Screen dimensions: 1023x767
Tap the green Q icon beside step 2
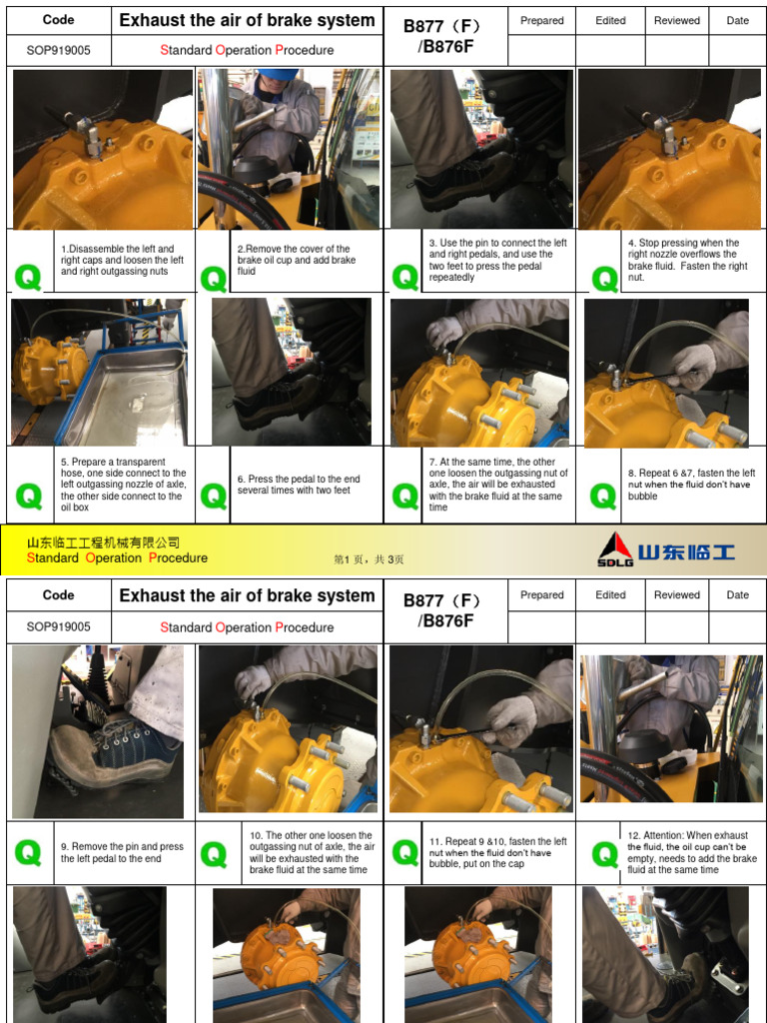214,279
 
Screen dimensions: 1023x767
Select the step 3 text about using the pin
497,260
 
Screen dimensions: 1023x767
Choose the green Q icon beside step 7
405,495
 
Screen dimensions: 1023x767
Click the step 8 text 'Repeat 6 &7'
691,485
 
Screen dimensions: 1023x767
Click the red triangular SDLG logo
615,548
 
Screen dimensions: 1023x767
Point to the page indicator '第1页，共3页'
369,560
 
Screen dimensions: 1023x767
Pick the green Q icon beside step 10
214,854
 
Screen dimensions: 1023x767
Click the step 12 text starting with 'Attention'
691,852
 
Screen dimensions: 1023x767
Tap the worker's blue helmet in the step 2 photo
276,75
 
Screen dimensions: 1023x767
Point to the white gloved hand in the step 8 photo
693,365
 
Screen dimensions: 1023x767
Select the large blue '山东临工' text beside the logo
686,550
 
